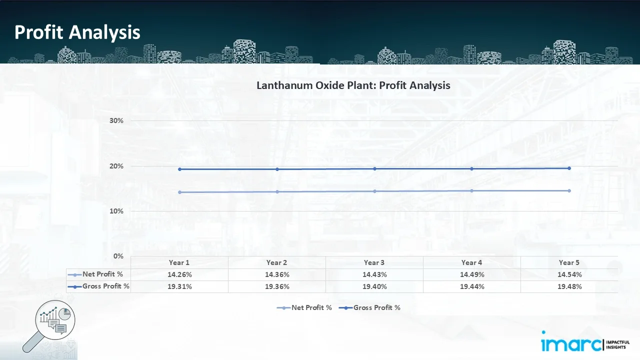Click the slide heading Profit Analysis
(x=77, y=32)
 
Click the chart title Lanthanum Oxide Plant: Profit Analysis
(x=353, y=85)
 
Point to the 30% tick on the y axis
(x=116, y=121)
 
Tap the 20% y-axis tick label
(x=116, y=166)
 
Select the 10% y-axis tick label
(x=116, y=211)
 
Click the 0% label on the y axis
(x=118, y=256)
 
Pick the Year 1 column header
(x=179, y=262)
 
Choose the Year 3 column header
(x=374, y=262)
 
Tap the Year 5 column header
(x=569, y=262)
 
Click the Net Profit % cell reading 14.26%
(x=179, y=274)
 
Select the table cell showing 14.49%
(x=471, y=274)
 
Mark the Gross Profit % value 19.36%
(x=276, y=286)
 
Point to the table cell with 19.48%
(x=569, y=286)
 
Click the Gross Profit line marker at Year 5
(x=569, y=168)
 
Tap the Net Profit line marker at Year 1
(x=179, y=192)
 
